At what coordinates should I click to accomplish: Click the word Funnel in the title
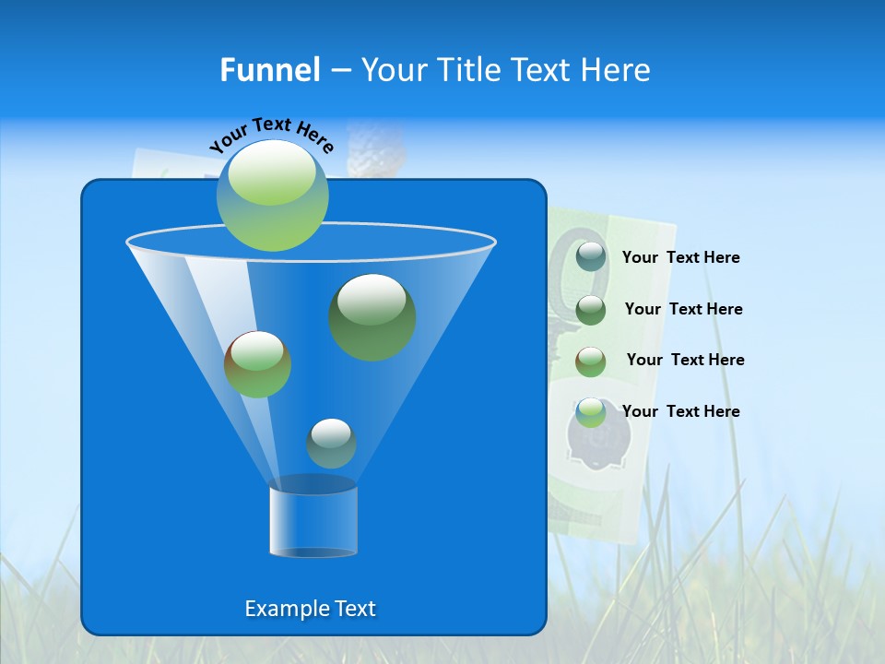tap(269, 70)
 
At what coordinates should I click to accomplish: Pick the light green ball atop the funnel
tap(272, 196)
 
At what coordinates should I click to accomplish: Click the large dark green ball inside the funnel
tap(372, 316)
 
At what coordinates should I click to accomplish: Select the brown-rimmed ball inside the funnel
tap(257, 364)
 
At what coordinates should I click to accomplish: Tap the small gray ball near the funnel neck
tap(331, 444)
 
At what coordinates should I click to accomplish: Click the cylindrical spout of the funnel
tap(313, 520)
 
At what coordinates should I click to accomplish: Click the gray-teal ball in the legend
tap(591, 257)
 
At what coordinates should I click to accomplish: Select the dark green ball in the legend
tap(591, 310)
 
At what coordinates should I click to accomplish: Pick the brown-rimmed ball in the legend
tap(591, 362)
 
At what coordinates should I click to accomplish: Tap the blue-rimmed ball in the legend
tap(591, 412)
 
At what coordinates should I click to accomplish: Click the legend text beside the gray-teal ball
tap(680, 258)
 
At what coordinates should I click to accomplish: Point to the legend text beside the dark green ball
tap(683, 310)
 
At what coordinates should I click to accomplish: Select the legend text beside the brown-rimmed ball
tap(685, 361)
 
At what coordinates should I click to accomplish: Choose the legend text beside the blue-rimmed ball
tap(680, 411)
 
